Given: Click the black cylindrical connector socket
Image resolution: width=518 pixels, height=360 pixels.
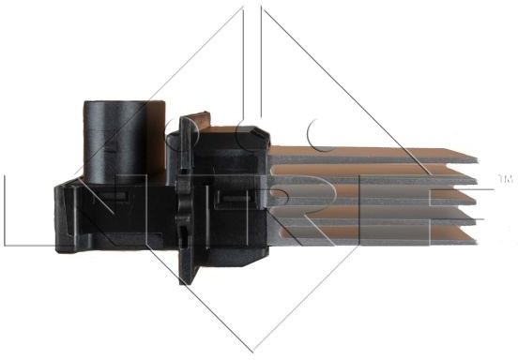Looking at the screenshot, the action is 124,142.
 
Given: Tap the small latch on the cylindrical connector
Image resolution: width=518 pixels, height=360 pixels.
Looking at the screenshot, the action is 112,144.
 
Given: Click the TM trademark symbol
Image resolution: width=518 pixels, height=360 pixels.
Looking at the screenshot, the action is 506,179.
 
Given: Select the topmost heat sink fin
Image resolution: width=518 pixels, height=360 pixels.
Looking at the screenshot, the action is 373,155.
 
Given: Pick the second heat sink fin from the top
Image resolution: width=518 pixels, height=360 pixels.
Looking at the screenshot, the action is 373,174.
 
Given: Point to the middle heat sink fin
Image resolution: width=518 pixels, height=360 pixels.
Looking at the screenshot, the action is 373,195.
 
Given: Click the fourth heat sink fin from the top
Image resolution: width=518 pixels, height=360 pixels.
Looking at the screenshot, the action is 373,215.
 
